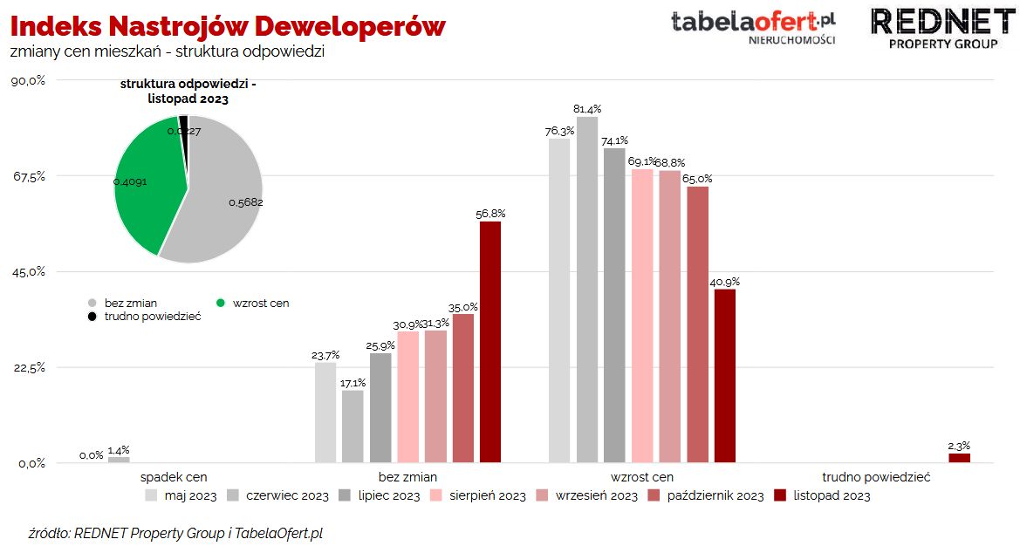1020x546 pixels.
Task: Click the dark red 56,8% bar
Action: coord(490,342)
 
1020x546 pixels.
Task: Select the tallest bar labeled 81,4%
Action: coord(587,290)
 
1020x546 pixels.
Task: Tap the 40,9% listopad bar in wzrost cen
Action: coord(725,375)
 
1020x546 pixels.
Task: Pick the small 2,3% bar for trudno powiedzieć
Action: coord(959,458)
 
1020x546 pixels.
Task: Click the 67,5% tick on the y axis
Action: coord(29,176)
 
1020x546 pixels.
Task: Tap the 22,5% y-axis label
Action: coord(29,367)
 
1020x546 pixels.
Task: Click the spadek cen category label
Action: coord(174,477)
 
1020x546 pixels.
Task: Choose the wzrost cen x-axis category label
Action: coord(641,477)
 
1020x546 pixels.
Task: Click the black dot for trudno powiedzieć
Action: coord(92,317)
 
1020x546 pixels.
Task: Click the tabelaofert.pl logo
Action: coord(753,25)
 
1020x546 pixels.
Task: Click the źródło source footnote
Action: coord(175,532)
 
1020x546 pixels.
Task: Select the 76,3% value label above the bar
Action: coord(559,131)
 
